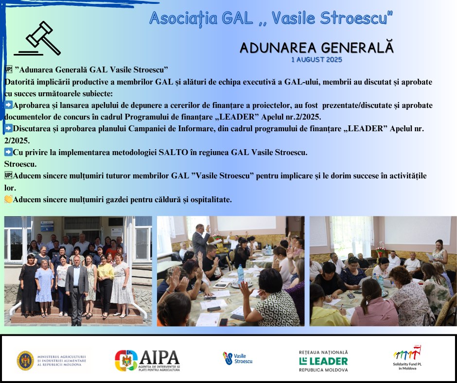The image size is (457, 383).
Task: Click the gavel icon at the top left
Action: pyautogui.click(x=38, y=38)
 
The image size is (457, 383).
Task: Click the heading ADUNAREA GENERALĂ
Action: pyautogui.click(x=316, y=48)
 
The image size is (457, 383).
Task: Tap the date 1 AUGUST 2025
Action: pyautogui.click(x=316, y=59)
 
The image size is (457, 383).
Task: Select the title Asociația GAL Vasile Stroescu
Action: pyautogui.click(x=271, y=18)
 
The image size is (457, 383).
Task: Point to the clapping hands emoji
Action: pyautogui.click(x=8, y=199)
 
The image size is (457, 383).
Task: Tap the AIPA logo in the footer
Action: pyautogui.click(x=147, y=361)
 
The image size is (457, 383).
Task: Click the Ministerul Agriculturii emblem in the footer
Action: pyautogui.click(x=25, y=361)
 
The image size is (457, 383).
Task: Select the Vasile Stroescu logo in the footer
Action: pyautogui.click(x=238, y=358)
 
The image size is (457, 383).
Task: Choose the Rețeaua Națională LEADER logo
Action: pyautogui.click(x=323, y=361)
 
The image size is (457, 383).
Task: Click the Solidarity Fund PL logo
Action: pyautogui.click(x=407, y=358)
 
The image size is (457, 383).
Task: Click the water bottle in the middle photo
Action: pyautogui.click(x=241, y=274)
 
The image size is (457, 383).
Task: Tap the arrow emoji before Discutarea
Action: pyautogui.click(x=8, y=128)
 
